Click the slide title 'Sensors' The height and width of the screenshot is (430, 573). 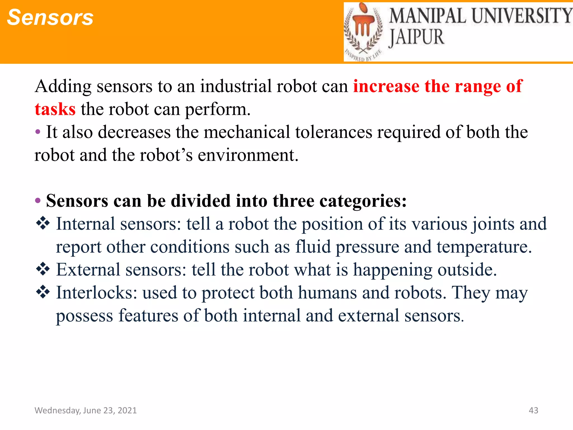pyautogui.click(x=50, y=17)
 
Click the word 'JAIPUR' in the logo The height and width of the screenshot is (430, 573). pyautogui.click(x=416, y=37)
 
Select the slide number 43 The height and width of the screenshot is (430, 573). pyautogui.click(x=533, y=410)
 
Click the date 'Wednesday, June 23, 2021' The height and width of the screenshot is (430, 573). pyautogui.click(x=86, y=410)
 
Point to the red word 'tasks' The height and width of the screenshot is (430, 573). pyautogui.click(x=55, y=109)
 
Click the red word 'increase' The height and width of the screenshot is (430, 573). pyautogui.click(x=386, y=86)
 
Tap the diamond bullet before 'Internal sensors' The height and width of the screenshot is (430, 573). pyautogui.click(x=43, y=223)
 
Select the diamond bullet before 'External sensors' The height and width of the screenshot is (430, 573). pyautogui.click(x=43, y=269)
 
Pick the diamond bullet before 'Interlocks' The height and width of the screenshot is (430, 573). pyautogui.click(x=43, y=292)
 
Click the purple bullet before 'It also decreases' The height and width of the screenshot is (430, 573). pyautogui.click(x=38, y=132)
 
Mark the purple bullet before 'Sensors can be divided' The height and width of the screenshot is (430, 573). pyautogui.click(x=38, y=201)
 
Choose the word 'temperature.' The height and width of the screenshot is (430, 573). pyautogui.click(x=484, y=247)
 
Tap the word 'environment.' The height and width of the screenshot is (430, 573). pyautogui.click(x=248, y=155)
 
